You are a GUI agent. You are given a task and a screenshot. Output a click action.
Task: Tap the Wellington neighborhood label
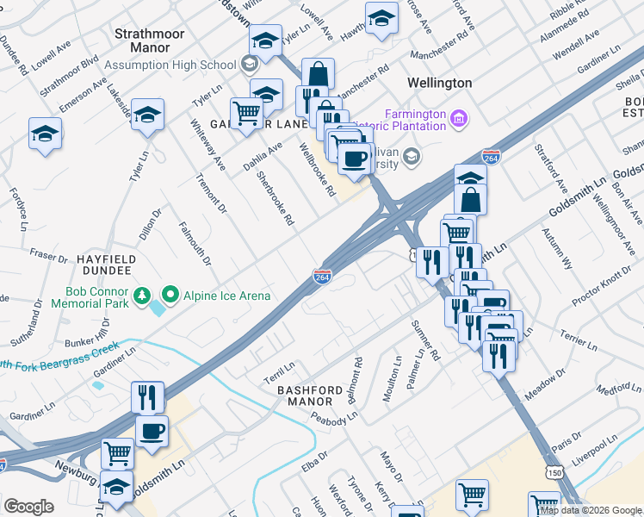coord(439,83)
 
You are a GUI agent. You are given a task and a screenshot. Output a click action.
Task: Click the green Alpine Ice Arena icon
coord(170,296)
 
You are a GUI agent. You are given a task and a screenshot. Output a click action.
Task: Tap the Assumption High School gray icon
coord(249,65)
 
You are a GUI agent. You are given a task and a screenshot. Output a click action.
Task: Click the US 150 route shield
coord(550,474)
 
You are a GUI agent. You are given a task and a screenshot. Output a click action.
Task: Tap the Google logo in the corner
coord(28,507)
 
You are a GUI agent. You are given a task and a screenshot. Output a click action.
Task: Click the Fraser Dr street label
coord(48,257)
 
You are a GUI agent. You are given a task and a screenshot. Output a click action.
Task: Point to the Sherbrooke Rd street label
coord(276,198)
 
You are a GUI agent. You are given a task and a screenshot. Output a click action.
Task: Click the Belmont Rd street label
coord(352,376)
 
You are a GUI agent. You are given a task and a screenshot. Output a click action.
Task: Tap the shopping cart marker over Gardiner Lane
coord(247,112)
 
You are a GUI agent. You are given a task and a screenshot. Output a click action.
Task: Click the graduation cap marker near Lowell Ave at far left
coord(45,134)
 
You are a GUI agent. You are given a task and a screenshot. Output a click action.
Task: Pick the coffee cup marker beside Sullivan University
coord(353,158)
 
